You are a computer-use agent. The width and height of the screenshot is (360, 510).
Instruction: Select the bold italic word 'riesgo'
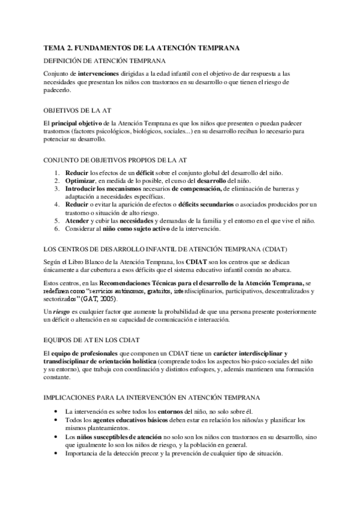61,312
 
